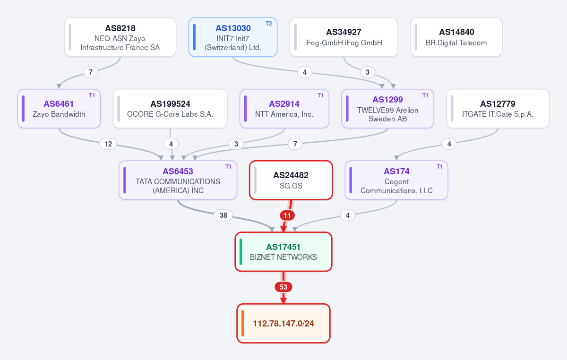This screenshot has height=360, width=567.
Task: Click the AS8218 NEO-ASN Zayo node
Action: (x=120, y=37)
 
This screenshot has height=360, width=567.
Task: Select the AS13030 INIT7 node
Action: (x=233, y=37)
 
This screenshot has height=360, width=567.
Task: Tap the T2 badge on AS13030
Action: (x=268, y=24)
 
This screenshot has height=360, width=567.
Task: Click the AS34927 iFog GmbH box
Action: (x=344, y=37)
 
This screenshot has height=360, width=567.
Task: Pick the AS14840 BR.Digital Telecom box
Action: (x=456, y=37)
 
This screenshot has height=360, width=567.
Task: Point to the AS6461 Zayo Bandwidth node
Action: (x=59, y=109)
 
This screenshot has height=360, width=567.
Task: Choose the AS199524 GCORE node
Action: (x=170, y=109)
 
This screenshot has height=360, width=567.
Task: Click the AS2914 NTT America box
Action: (x=284, y=109)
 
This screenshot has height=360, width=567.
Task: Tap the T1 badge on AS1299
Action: (x=425, y=95)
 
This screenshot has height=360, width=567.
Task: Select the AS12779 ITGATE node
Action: (x=498, y=109)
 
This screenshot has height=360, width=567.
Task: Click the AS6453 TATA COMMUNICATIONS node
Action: (x=178, y=180)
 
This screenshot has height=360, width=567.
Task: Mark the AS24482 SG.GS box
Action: (x=291, y=180)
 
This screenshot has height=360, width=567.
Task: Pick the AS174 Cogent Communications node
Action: (x=396, y=180)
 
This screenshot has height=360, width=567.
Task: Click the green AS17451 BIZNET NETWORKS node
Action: (x=283, y=252)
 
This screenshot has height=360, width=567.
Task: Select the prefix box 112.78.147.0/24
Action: (x=283, y=324)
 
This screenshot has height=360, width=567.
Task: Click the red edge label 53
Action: (x=283, y=287)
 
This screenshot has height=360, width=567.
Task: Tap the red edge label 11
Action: (x=287, y=215)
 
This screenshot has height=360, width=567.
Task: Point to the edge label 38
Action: (x=223, y=215)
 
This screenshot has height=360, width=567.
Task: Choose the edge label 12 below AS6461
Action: (x=108, y=144)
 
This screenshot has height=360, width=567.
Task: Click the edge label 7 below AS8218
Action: (x=91, y=72)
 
